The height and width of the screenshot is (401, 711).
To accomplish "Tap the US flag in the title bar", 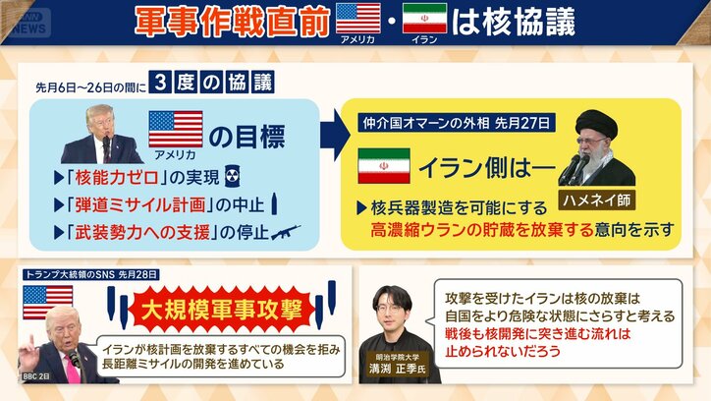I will tap(357, 18).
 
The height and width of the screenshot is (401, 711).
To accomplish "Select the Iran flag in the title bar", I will tap(424, 18).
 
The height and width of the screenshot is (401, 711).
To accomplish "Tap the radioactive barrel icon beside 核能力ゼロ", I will tap(232, 178).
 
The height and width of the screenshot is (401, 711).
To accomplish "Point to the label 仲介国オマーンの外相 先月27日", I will tap(456, 125).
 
